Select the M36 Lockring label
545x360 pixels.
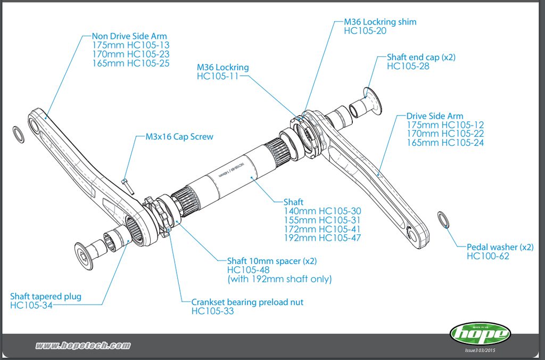point(222,68)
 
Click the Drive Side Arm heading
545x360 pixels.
point(434,116)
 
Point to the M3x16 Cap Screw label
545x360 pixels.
point(179,137)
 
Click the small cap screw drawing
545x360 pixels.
point(127,185)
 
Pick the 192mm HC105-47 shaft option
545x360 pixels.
point(322,238)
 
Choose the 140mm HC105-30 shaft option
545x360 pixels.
point(322,211)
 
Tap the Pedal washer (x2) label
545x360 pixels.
point(500,247)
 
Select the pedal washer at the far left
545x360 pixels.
point(19,134)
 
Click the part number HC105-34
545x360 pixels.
point(31,305)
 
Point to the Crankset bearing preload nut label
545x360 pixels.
point(247,302)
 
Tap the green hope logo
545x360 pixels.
point(481,334)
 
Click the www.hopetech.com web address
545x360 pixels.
point(82,346)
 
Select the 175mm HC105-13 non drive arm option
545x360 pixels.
point(130,45)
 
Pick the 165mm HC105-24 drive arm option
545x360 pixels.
point(445,143)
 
